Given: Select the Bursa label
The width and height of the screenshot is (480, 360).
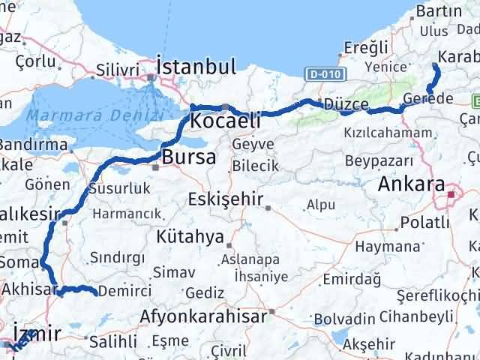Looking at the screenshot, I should pyautogui.click(x=188, y=157).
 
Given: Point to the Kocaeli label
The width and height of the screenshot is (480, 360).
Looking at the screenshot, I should pyautogui.click(x=225, y=121).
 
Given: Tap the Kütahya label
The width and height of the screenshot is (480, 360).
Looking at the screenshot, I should pyautogui.click(x=190, y=238).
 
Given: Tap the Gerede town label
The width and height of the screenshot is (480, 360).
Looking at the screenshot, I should pyautogui.click(x=427, y=99).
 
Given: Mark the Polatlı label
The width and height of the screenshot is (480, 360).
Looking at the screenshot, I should pyautogui.click(x=424, y=222).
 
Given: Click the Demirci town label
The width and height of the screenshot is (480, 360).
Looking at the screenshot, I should pyautogui.click(x=125, y=291).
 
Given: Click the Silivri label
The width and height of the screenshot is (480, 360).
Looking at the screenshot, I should pyautogui.click(x=118, y=70).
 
